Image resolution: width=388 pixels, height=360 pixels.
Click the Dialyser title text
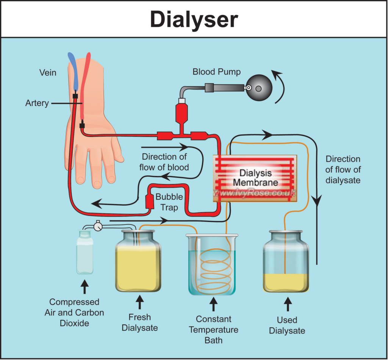(x=194, y=19)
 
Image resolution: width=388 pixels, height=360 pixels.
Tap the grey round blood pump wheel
(x=259, y=88)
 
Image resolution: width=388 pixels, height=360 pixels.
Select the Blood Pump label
(x=216, y=72)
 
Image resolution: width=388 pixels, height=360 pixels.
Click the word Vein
(x=48, y=72)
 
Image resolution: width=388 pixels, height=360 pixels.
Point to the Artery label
(x=37, y=103)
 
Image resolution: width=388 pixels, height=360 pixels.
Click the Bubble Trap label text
(x=169, y=202)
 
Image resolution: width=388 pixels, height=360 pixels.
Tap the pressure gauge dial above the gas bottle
(x=98, y=226)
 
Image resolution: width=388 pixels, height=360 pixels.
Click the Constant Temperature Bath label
(x=213, y=329)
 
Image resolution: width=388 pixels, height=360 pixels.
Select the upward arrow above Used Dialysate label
(x=288, y=304)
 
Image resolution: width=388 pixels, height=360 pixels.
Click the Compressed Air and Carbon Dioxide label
(x=74, y=313)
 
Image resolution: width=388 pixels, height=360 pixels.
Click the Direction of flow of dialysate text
(x=343, y=170)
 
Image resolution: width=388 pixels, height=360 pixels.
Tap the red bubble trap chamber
(x=150, y=201)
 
